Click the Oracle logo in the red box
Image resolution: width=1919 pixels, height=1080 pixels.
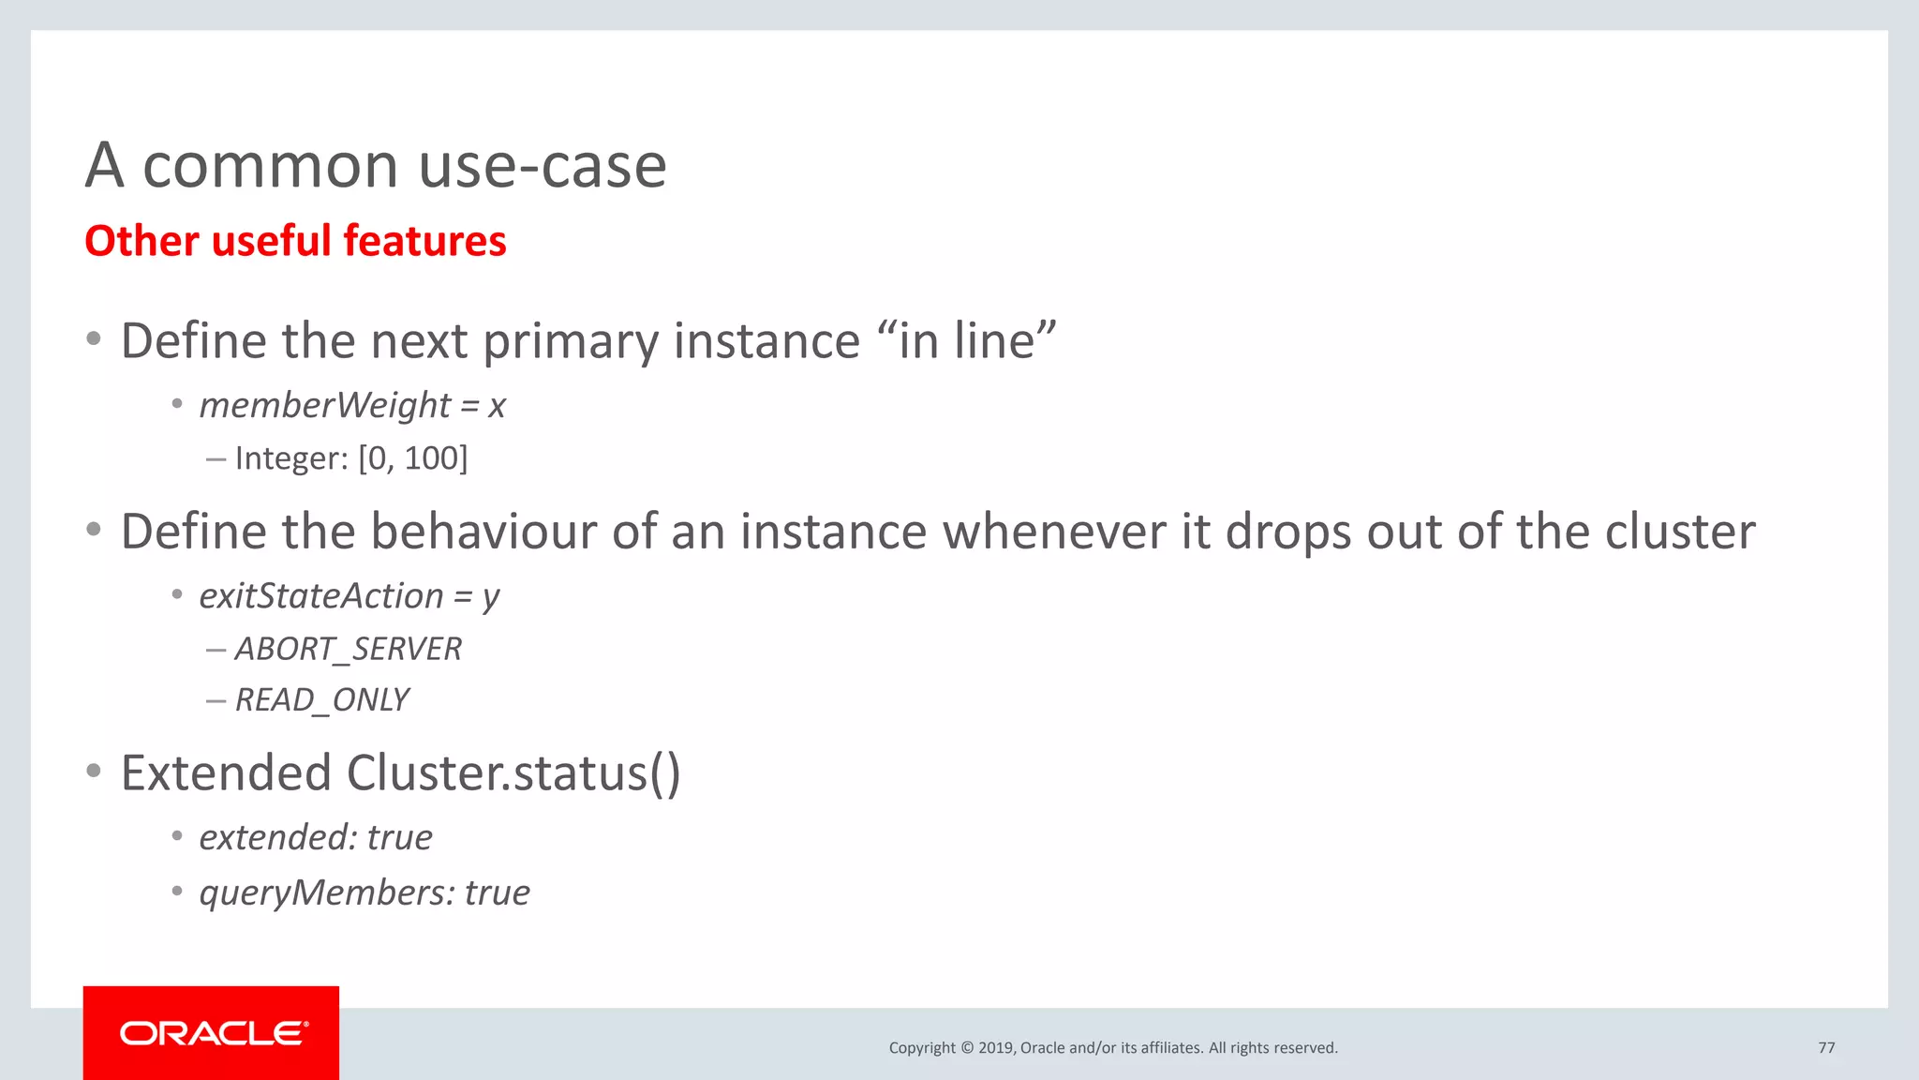coord(214,1033)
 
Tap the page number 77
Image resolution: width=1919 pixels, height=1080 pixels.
coord(1826,1047)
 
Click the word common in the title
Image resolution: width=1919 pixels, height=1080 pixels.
coord(271,166)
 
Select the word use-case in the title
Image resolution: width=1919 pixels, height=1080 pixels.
coord(543,166)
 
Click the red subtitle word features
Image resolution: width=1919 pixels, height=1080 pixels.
coord(424,241)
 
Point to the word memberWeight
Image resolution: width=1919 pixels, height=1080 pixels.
coord(325,405)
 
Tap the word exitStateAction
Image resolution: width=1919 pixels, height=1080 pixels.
coord(320,596)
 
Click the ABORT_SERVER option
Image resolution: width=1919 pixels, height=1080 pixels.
coord(348,649)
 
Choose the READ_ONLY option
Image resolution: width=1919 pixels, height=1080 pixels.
coord(321,700)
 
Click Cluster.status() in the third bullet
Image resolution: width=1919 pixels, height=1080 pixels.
coord(513,773)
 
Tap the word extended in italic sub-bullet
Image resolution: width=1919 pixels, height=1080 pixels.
coord(276,837)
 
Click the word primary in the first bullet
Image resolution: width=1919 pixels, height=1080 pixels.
coord(572,340)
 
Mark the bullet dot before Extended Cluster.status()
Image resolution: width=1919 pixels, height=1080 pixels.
coord(93,772)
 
